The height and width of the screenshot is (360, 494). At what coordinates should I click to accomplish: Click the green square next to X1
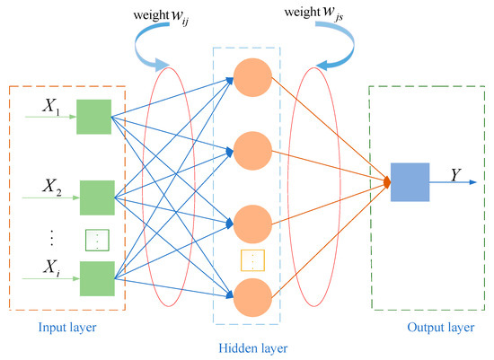[x=93, y=118]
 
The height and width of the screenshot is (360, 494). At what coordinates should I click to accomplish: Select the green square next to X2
[x=97, y=198]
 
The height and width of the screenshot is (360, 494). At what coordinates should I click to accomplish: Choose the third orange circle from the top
[x=252, y=224]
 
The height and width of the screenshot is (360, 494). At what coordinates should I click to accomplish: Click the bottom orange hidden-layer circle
[x=252, y=297]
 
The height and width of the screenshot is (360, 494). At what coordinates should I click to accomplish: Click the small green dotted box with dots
[x=96, y=240]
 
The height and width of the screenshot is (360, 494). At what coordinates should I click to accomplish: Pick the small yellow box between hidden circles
[x=252, y=260]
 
